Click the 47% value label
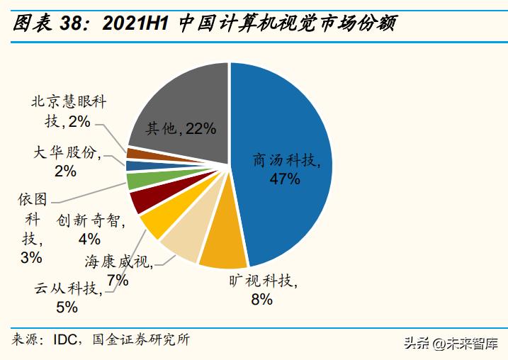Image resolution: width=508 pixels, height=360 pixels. (x=285, y=179)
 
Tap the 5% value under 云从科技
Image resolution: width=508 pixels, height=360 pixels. (x=67, y=307)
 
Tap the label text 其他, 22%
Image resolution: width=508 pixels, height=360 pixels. (x=180, y=128)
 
